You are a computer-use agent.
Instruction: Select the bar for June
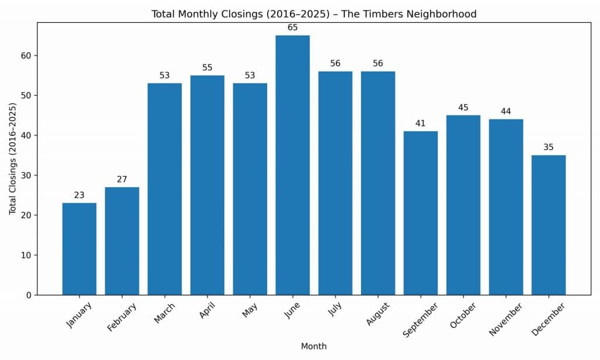(x=292, y=165)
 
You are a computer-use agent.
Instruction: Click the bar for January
(x=79, y=249)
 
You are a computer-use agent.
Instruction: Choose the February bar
(x=122, y=240)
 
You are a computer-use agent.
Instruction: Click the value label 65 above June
(x=292, y=28)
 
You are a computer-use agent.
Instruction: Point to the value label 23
(x=79, y=195)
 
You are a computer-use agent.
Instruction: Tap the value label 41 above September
(x=420, y=124)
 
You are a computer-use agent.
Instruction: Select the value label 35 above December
(x=548, y=147)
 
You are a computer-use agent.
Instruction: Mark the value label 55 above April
(x=207, y=67)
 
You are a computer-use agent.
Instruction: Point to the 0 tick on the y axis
(x=28, y=295)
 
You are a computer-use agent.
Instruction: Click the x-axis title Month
(x=313, y=347)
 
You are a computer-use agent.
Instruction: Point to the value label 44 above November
(x=506, y=111)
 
